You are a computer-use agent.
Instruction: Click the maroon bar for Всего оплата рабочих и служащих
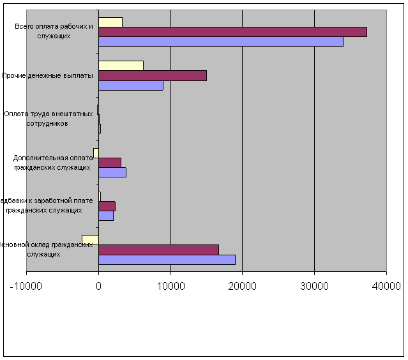pyautogui.click(x=232, y=32)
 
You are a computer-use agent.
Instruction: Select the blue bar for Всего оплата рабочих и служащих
pyautogui.click(x=220, y=41)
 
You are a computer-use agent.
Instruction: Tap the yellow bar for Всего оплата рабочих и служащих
pyautogui.click(x=110, y=22)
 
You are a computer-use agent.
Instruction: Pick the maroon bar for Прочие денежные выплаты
pyautogui.click(x=153, y=75)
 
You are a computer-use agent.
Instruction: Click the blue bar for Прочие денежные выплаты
pyautogui.click(x=131, y=86)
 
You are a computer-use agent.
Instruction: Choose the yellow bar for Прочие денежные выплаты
pyautogui.click(x=121, y=66)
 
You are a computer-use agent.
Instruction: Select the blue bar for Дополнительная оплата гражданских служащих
pyautogui.click(x=112, y=172)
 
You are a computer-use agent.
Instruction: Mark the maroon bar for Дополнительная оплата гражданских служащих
pyautogui.click(x=110, y=162)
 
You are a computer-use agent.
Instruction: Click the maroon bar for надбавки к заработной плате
pyautogui.click(x=107, y=206)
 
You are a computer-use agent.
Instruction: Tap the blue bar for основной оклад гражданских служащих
pyautogui.click(x=167, y=259)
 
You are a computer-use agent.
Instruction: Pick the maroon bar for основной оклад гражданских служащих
pyautogui.click(x=158, y=250)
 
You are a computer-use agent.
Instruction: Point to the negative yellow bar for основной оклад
pyautogui.click(x=90, y=240)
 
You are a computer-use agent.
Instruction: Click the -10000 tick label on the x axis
pyautogui.click(x=26, y=286)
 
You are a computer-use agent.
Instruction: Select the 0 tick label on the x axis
pyautogui.click(x=98, y=286)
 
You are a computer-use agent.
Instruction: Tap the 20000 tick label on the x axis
pyautogui.click(x=242, y=286)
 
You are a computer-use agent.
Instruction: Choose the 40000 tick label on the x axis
pyautogui.click(x=386, y=286)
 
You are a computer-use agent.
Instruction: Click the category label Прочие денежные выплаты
pyautogui.click(x=48, y=75)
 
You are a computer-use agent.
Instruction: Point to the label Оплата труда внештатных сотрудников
pyautogui.click(x=48, y=119)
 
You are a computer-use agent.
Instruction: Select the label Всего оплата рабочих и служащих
pyautogui.click(x=54, y=31)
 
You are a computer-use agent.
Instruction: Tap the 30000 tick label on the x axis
pyautogui.click(x=314, y=286)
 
